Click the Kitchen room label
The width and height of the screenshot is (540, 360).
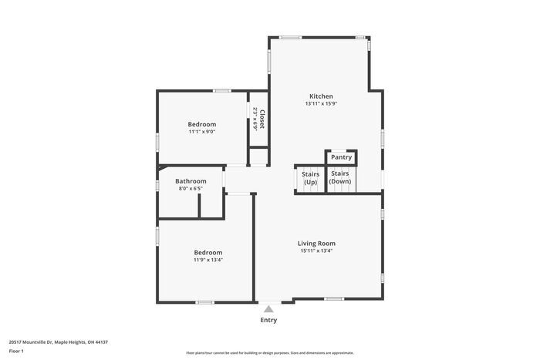pyautogui.click(x=321, y=96)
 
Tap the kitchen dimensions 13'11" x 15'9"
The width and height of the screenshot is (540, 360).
pyautogui.click(x=321, y=104)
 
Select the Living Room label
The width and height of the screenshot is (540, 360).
pyautogui.click(x=316, y=244)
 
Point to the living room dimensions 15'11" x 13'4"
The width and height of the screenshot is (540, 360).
pyautogui.click(x=316, y=251)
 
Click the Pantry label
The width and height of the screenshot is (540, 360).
pyautogui.click(x=341, y=157)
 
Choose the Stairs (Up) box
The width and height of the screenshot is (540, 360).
pyautogui.click(x=310, y=178)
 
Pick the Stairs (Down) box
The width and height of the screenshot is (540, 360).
pyautogui.click(x=340, y=178)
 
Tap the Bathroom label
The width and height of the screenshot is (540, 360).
pyautogui.click(x=191, y=181)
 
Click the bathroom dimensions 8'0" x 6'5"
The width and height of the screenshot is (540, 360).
pyautogui.click(x=191, y=188)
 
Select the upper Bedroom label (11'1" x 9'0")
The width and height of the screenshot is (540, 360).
pyautogui.click(x=202, y=124)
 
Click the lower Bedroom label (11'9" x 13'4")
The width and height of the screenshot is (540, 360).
pyautogui.click(x=208, y=253)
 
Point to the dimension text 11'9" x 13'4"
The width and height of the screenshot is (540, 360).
pyautogui.click(x=208, y=260)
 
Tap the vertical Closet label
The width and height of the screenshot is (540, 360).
pyautogui.click(x=262, y=119)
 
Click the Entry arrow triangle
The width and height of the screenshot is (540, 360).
pyautogui.click(x=268, y=308)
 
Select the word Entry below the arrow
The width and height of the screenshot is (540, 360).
pyautogui.click(x=268, y=320)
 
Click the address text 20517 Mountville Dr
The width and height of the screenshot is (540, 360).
pyautogui.click(x=58, y=342)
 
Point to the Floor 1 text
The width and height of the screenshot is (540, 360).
pyautogui.click(x=16, y=352)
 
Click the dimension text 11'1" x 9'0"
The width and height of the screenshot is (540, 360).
pyautogui.click(x=202, y=132)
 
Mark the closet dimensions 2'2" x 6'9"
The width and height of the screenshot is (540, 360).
pyautogui.click(x=255, y=119)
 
